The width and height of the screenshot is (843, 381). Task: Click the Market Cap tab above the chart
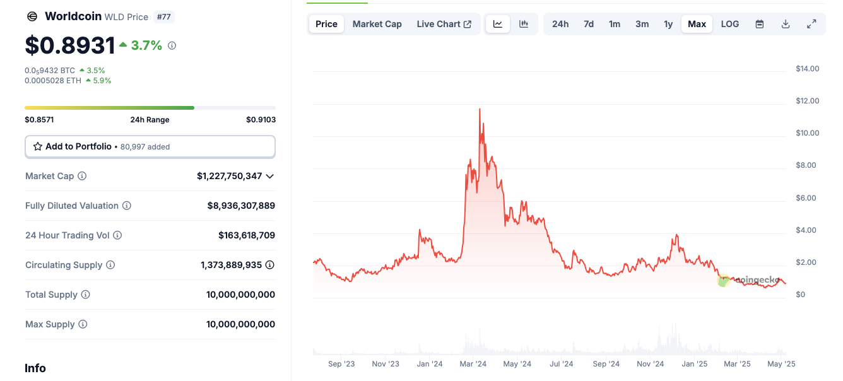(377, 24)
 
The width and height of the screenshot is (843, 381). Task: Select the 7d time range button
(588, 24)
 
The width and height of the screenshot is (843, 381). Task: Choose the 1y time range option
(668, 24)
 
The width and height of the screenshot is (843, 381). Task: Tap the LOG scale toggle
(729, 24)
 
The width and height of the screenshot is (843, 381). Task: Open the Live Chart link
(444, 24)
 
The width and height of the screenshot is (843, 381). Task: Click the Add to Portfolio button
(150, 146)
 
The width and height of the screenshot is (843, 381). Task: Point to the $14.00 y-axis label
(807, 69)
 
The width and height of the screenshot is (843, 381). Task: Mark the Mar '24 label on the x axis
(473, 364)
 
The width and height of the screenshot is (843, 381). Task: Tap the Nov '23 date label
(385, 364)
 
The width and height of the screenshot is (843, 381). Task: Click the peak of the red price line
(480, 109)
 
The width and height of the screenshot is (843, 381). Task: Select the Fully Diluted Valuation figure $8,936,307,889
(241, 206)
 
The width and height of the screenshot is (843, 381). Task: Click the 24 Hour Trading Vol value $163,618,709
(246, 235)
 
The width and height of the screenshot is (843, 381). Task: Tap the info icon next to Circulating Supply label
(110, 265)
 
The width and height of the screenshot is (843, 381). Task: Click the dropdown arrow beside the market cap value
(270, 176)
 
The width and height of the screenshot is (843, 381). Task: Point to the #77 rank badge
(163, 17)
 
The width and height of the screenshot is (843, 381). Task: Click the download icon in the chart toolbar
(786, 24)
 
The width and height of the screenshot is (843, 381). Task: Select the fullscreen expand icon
(811, 24)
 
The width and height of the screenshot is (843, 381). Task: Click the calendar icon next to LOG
(760, 24)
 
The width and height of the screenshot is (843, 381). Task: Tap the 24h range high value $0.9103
(261, 120)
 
